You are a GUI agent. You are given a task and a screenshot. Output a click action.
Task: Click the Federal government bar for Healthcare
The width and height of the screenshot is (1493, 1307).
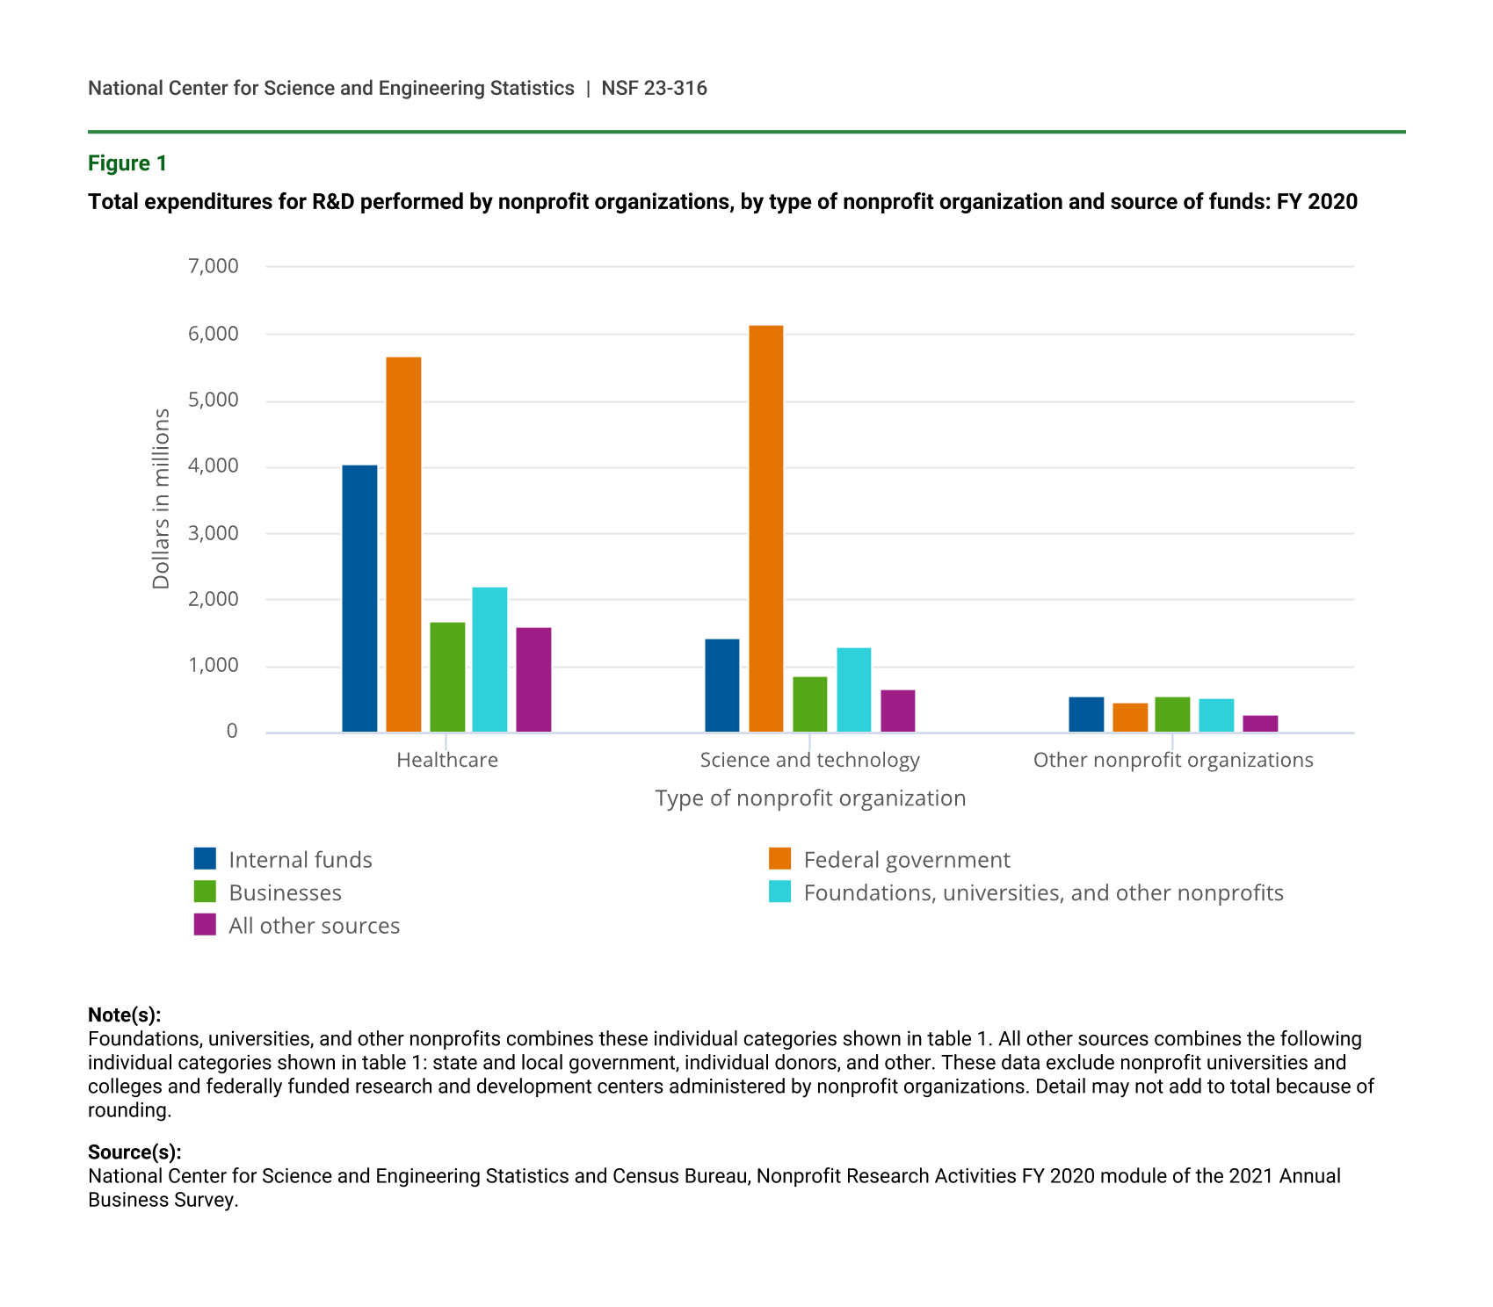click(x=403, y=545)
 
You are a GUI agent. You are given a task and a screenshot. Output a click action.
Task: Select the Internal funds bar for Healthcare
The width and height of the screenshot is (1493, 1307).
click(x=359, y=598)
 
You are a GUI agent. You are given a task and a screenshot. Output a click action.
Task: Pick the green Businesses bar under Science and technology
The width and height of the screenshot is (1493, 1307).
click(x=809, y=704)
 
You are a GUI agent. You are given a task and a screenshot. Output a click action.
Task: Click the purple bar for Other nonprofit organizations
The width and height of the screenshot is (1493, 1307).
click(x=1260, y=724)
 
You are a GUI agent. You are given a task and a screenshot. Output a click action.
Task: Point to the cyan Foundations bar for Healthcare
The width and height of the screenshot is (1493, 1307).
click(x=489, y=660)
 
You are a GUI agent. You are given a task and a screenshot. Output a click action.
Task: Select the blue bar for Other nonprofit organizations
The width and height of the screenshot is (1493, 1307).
click(x=1086, y=714)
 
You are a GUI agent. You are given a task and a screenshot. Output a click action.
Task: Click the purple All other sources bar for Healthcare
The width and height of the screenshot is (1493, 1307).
click(x=533, y=680)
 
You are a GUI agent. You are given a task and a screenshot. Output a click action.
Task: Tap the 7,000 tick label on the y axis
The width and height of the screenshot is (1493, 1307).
click(x=214, y=266)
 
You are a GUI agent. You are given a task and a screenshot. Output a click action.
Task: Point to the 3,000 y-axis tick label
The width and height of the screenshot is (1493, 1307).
click(x=214, y=533)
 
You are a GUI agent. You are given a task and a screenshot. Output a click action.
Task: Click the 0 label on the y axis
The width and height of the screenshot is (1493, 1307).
click(x=232, y=732)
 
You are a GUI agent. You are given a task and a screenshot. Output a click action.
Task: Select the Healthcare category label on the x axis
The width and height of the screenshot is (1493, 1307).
click(x=447, y=760)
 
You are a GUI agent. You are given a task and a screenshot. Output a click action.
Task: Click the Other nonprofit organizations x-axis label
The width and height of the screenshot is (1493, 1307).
click(x=1173, y=760)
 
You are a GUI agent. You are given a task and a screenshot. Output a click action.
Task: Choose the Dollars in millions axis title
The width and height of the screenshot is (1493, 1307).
click(x=161, y=498)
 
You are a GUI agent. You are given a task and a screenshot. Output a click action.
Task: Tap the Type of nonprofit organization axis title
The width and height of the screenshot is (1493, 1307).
click(x=810, y=798)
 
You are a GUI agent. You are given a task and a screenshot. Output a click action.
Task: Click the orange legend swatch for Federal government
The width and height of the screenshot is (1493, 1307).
click(x=779, y=859)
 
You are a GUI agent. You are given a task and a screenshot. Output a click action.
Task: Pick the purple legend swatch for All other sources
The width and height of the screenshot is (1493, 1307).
click(x=205, y=925)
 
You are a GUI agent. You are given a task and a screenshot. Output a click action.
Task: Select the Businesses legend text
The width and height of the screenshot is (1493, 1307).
click(x=285, y=893)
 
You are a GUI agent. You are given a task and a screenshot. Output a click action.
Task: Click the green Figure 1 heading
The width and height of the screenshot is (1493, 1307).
click(x=127, y=163)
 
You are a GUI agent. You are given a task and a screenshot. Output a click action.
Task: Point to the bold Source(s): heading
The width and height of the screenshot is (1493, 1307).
click(x=134, y=1152)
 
